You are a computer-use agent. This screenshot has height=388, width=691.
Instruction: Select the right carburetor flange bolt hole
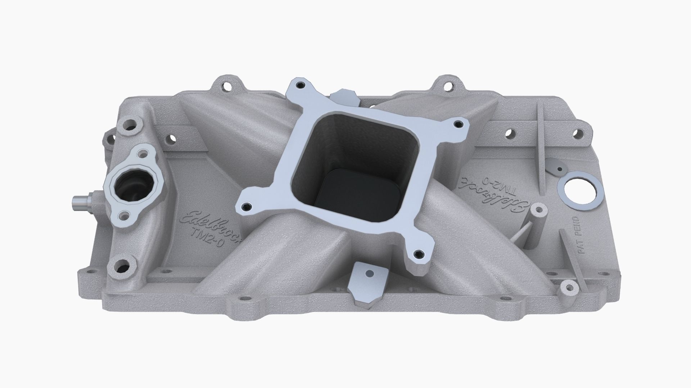coord(457,124)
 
